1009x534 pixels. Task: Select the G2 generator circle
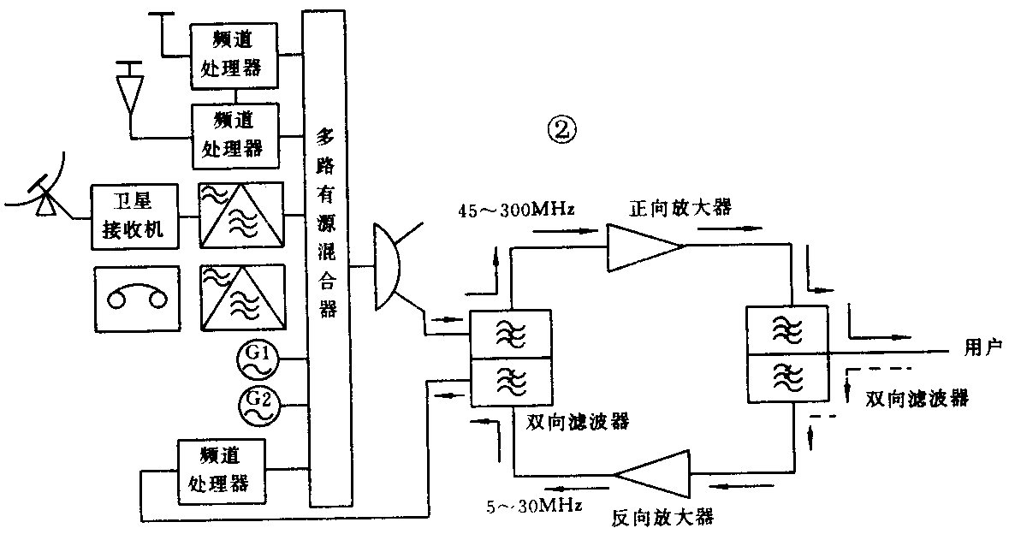[x=262, y=406]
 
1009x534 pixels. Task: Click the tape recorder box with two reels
[x=138, y=299]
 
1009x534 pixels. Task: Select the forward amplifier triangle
[x=643, y=246]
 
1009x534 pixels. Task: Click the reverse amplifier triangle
[x=655, y=474]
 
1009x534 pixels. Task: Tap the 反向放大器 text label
[x=662, y=517]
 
